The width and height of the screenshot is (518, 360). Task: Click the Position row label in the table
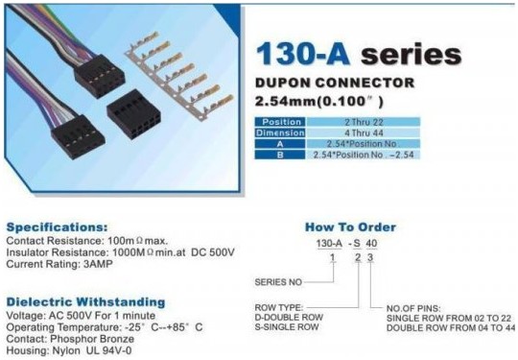click(x=283, y=121)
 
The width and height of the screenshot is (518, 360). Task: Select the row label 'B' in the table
click(x=283, y=154)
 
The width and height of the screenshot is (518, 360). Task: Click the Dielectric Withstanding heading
click(x=85, y=300)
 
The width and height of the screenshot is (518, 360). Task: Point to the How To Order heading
click(x=350, y=228)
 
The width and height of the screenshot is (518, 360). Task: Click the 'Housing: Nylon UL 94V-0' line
click(x=63, y=350)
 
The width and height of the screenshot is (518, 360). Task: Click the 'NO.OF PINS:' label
click(x=415, y=306)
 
